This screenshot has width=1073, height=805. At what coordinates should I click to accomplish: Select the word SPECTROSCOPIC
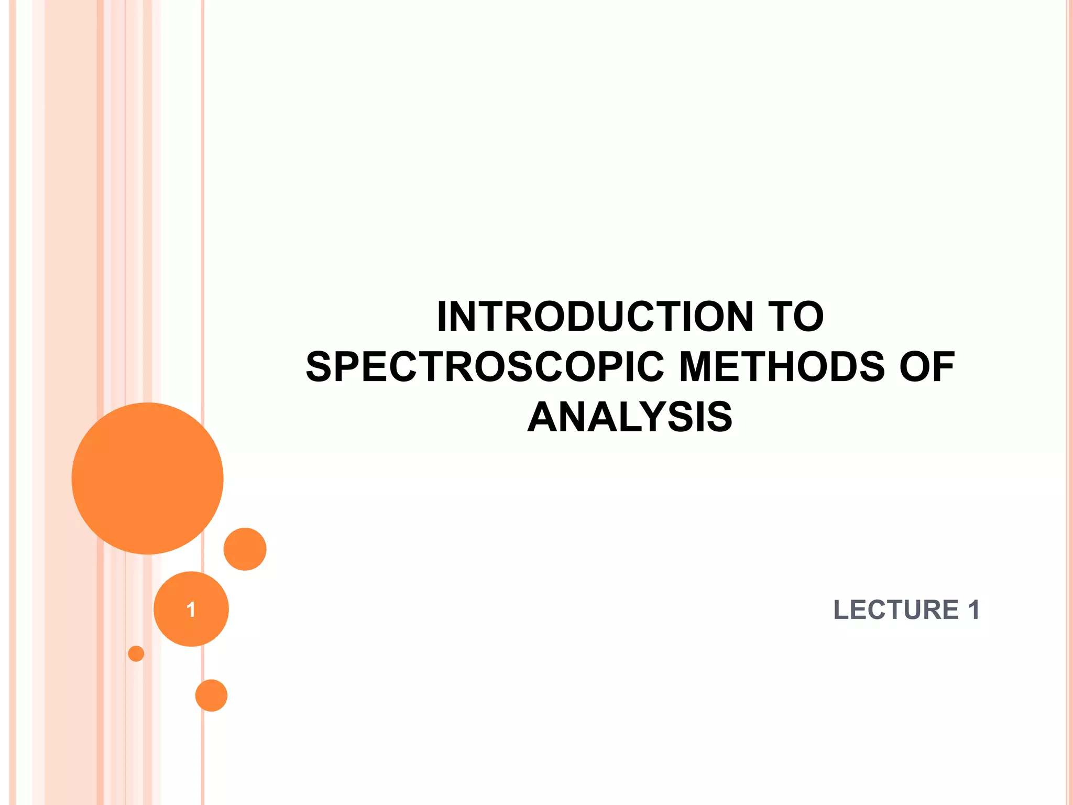coord(485,367)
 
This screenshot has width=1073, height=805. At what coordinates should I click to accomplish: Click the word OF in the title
coord(927,367)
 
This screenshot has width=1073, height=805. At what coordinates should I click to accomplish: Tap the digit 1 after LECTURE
coord(973,610)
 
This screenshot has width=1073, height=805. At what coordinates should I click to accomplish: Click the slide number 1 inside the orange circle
coord(191,610)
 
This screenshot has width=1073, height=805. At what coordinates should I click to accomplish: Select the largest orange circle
coord(148,478)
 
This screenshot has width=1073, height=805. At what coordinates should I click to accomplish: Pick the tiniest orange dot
coord(136,654)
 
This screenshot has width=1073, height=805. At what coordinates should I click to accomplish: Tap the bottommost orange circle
coord(211,695)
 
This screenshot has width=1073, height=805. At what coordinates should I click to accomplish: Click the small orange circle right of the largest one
coord(245,549)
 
